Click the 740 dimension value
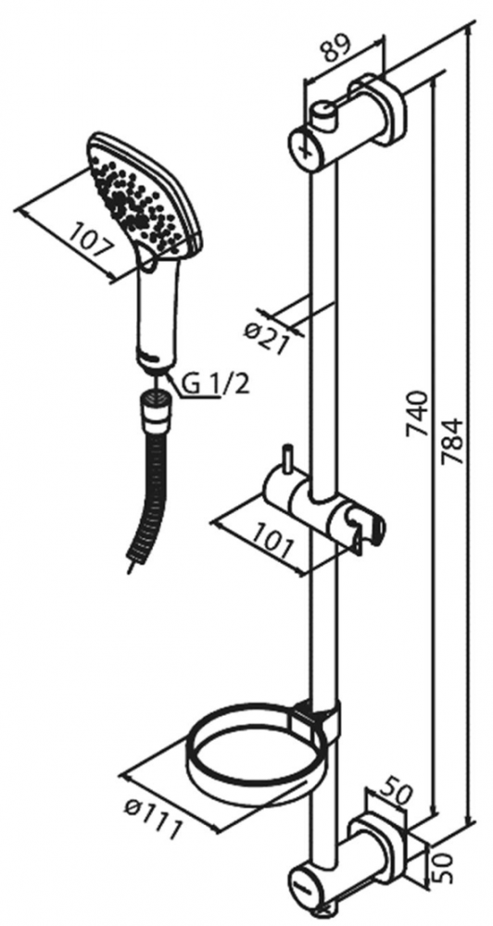tap(418, 412)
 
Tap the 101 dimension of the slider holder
tap(272, 541)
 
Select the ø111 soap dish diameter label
tap(150, 818)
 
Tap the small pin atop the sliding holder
tap(286, 457)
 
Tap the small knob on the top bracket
tap(324, 114)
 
